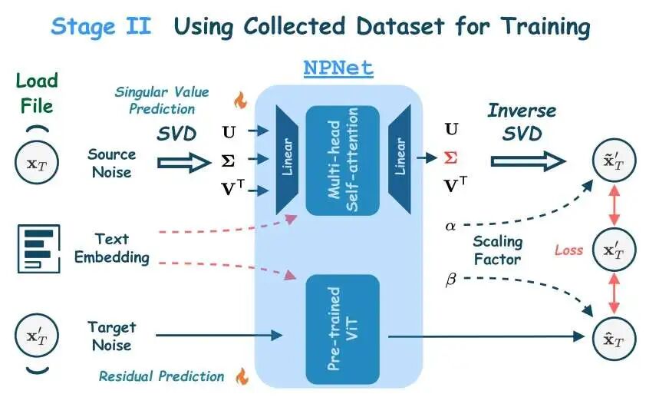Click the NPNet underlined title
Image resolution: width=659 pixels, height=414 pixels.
pos(338,68)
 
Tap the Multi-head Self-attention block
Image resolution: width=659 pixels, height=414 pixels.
pos(342,160)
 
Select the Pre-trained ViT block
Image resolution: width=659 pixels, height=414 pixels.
pos(342,330)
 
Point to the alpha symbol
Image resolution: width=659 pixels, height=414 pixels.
pos(450,226)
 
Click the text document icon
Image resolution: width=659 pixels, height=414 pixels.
pos(38,247)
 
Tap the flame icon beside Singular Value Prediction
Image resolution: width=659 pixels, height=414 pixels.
pos(240,100)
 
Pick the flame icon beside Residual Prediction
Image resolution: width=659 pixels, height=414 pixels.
pos(242,376)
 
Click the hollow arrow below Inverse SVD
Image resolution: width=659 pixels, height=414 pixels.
pos(528,160)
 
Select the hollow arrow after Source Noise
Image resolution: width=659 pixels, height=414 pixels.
pos(183,162)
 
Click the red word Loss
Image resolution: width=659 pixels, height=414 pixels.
pos(568,250)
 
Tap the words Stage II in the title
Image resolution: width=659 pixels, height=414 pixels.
pos(100,27)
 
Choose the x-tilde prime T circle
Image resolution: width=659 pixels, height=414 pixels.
pos(614,161)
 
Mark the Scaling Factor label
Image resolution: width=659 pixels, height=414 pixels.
pos(498,250)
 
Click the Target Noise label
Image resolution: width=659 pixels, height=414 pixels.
pos(109,336)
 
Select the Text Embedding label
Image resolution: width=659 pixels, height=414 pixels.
pos(111,247)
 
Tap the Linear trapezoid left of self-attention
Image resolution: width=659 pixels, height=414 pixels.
pos(288,160)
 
